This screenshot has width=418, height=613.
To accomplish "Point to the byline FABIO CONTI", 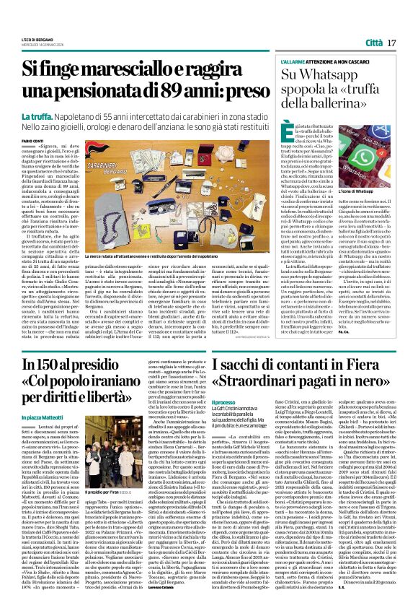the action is coord(32,140).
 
